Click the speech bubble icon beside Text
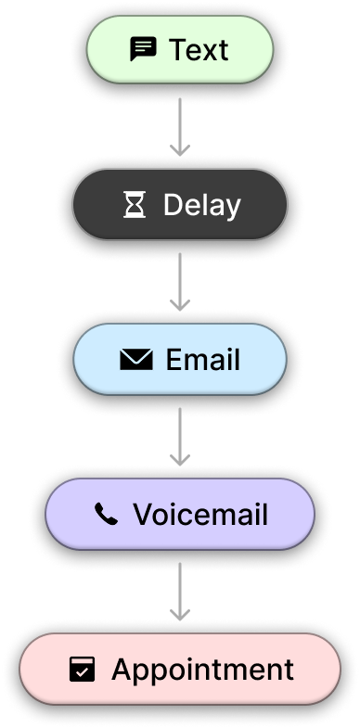[143, 49]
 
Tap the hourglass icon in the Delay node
[135, 205]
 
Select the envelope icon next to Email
[136, 360]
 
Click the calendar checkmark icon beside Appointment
[83, 670]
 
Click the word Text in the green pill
[198, 49]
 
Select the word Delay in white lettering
[201, 205]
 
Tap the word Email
[202, 360]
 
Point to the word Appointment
[202, 670]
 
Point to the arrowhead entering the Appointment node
[180, 615]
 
